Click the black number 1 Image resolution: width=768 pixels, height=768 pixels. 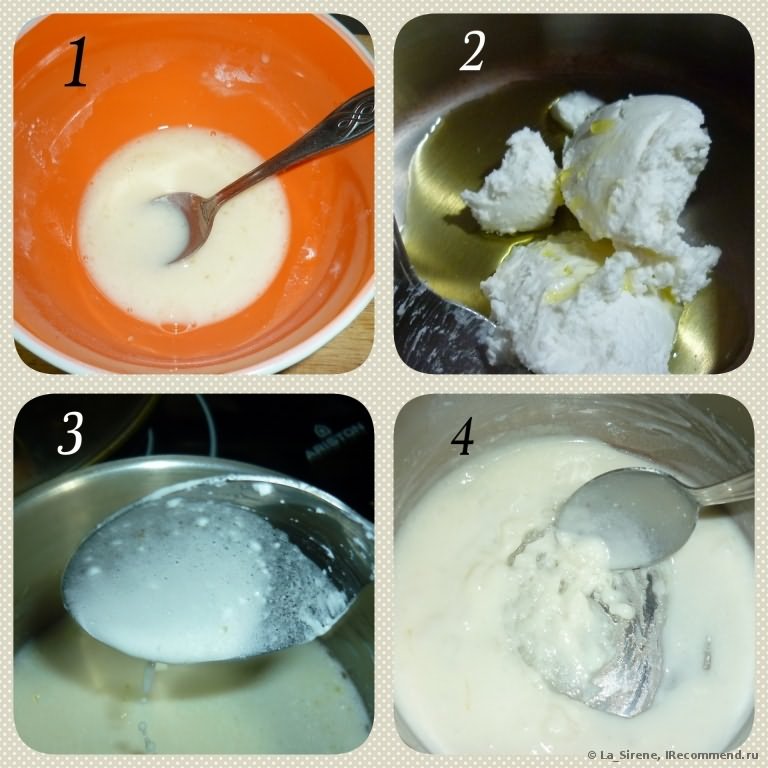click(x=76, y=63)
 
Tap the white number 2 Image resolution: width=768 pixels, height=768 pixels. click(x=472, y=51)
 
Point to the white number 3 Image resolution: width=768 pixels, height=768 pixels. click(x=70, y=433)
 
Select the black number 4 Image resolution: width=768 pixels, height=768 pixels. click(x=462, y=437)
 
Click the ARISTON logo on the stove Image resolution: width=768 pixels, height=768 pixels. click(x=335, y=440)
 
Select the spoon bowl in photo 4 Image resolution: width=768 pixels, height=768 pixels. click(x=627, y=518)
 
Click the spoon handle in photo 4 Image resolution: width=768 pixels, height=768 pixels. click(x=725, y=488)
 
